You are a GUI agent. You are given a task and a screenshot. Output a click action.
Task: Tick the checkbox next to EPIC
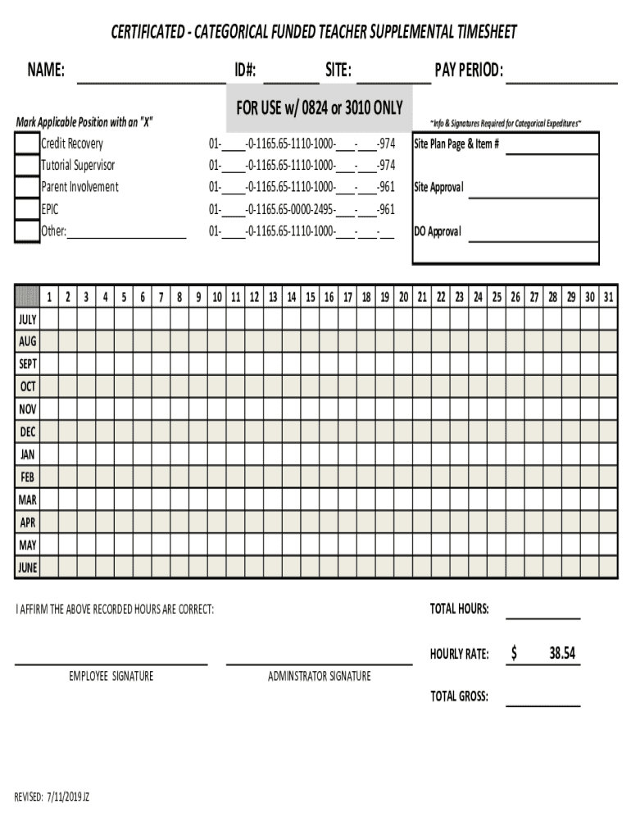27,209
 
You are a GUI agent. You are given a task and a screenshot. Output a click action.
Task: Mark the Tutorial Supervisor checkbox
27,166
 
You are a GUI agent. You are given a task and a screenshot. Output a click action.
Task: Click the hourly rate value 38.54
562,654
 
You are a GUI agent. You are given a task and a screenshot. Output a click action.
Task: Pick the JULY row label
27,318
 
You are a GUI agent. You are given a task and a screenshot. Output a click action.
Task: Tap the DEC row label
27,431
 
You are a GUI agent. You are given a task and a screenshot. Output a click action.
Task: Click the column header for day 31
607,297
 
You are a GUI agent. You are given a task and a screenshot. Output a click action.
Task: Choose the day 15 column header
311,297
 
